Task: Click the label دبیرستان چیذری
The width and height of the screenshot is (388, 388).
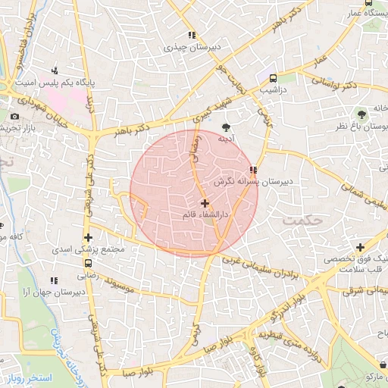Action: point(193,47)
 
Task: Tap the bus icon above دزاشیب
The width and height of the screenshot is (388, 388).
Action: point(273,77)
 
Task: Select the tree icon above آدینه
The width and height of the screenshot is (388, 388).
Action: point(226,127)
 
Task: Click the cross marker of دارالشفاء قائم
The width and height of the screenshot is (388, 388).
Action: point(205,203)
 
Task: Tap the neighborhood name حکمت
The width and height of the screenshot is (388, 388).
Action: point(303,220)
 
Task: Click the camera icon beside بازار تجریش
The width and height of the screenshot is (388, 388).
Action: point(14,116)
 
